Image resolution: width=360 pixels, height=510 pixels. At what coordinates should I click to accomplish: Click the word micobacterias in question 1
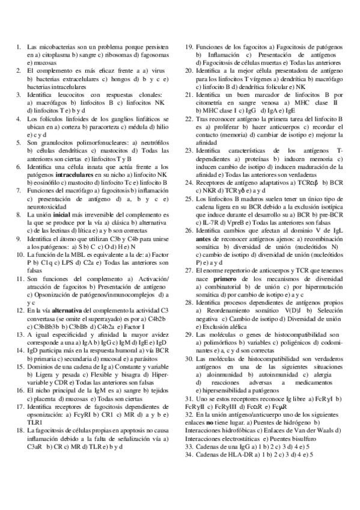[x=55, y=46]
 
